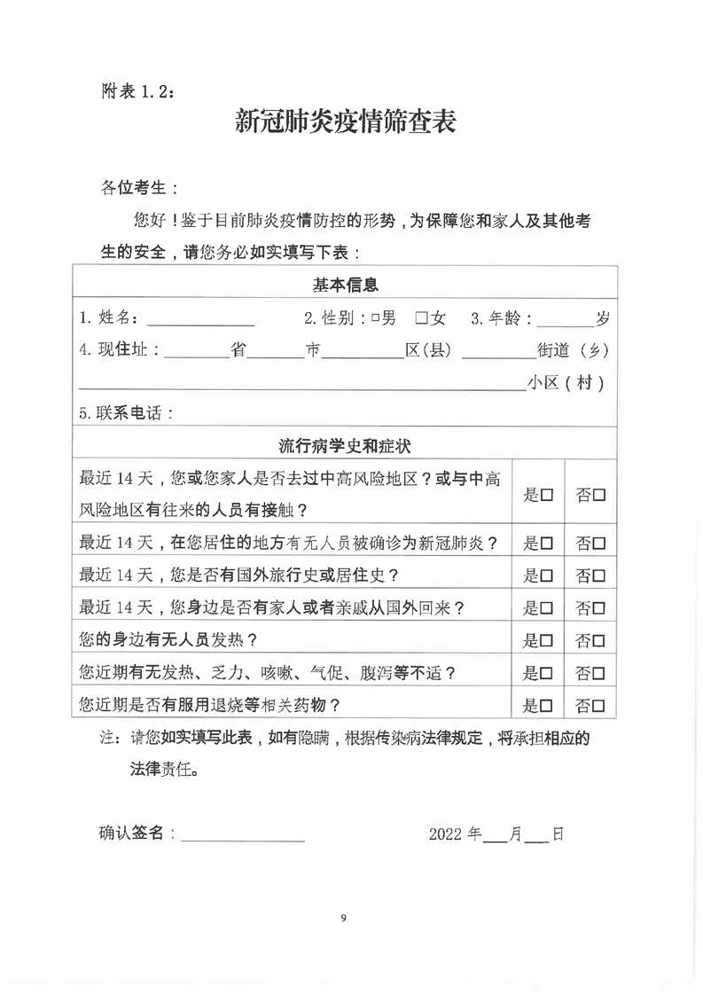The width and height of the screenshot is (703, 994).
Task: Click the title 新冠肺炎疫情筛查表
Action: pyautogui.click(x=345, y=121)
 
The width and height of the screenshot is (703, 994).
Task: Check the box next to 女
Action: pyautogui.click(x=422, y=317)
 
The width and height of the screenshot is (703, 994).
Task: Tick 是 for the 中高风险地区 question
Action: pyautogui.click(x=547, y=495)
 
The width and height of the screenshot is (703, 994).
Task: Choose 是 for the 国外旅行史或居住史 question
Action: pyautogui.click(x=547, y=575)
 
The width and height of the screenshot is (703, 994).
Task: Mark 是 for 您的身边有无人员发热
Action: pyautogui.click(x=547, y=640)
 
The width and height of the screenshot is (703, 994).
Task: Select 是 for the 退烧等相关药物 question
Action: pyautogui.click(x=547, y=706)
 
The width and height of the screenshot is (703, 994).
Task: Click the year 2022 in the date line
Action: pyautogui.click(x=447, y=834)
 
